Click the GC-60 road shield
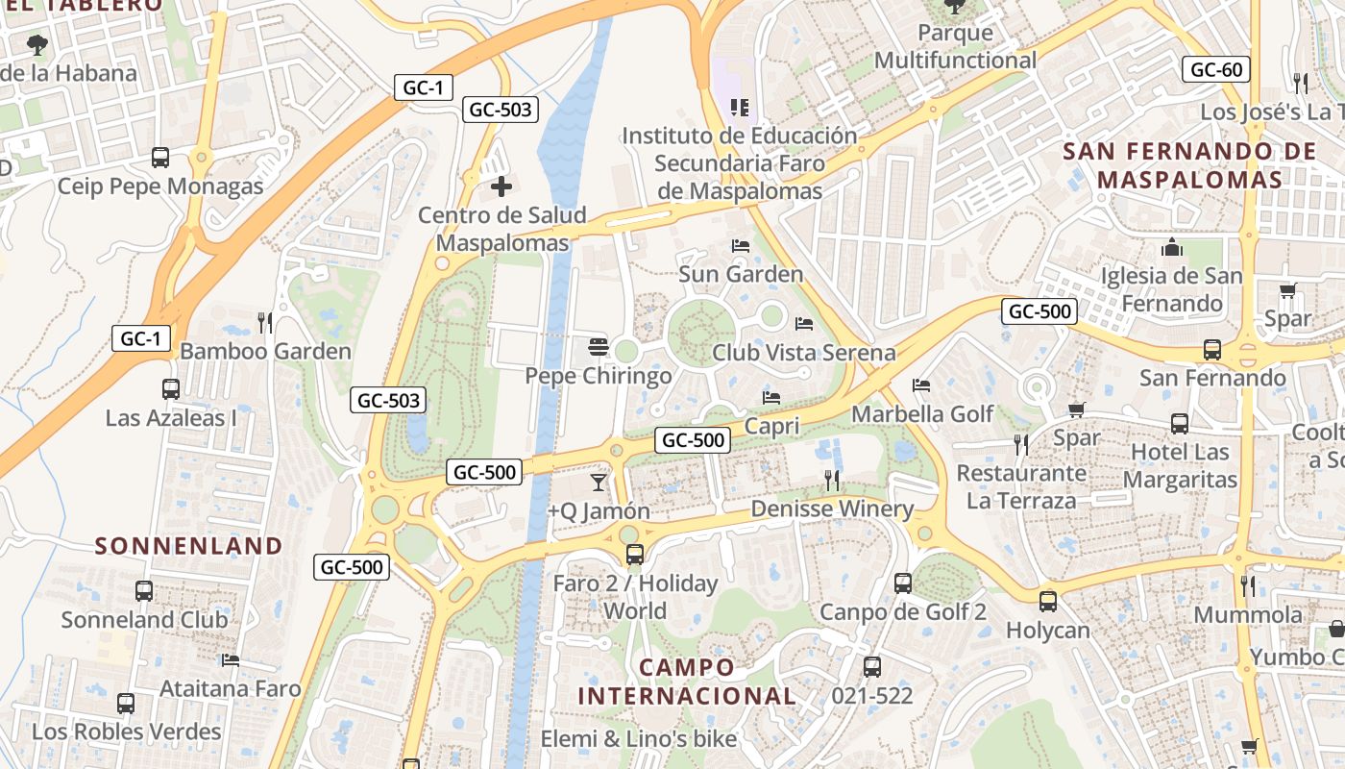point(1216,69)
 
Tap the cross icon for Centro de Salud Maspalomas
point(501,186)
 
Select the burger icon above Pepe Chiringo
point(599,346)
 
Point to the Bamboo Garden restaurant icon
point(265,322)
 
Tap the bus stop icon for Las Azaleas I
point(171,388)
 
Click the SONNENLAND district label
point(188,546)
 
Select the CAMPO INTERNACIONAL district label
point(687,682)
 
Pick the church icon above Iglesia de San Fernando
point(1171,247)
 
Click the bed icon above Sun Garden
point(740,245)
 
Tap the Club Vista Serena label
point(803,353)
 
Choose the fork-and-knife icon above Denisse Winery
point(832,480)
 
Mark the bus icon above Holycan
point(1048,602)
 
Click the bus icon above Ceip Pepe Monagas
point(160,157)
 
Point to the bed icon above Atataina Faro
point(231,660)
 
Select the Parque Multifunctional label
point(955,47)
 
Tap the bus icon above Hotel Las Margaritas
point(1180,423)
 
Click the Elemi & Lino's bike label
point(639,739)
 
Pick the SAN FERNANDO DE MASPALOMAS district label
point(1189,165)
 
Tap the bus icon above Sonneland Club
point(144,590)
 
